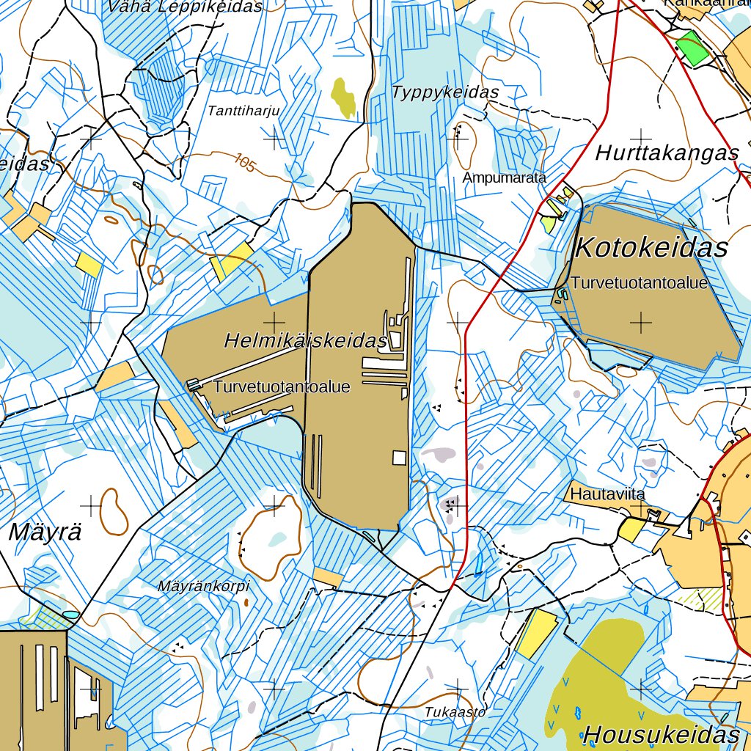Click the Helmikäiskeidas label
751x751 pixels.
[x=305, y=341]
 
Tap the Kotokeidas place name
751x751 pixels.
[x=651, y=248]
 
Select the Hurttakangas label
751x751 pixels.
[x=667, y=153]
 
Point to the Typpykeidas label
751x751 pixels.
[x=445, y=92]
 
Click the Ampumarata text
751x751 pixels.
[x=505, y=177]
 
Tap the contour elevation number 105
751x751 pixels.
[x=246, y=163]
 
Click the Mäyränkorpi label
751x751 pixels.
[x=204, y=586]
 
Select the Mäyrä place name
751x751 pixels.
[x=45, y=533]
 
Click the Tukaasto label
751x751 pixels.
[x=455, y=711]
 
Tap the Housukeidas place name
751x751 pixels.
[x=662, y=734]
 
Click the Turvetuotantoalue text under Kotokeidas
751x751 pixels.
[x=640, y=283]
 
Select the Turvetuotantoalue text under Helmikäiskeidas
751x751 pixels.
[x=282, y=387]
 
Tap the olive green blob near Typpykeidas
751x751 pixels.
[x=342, y=97]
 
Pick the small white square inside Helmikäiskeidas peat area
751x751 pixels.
[x=399, y=458]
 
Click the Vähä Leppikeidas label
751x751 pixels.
[x=184, y=7]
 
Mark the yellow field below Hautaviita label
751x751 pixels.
[x=631, y=530]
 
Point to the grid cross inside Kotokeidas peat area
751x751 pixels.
[x=641, y=322]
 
